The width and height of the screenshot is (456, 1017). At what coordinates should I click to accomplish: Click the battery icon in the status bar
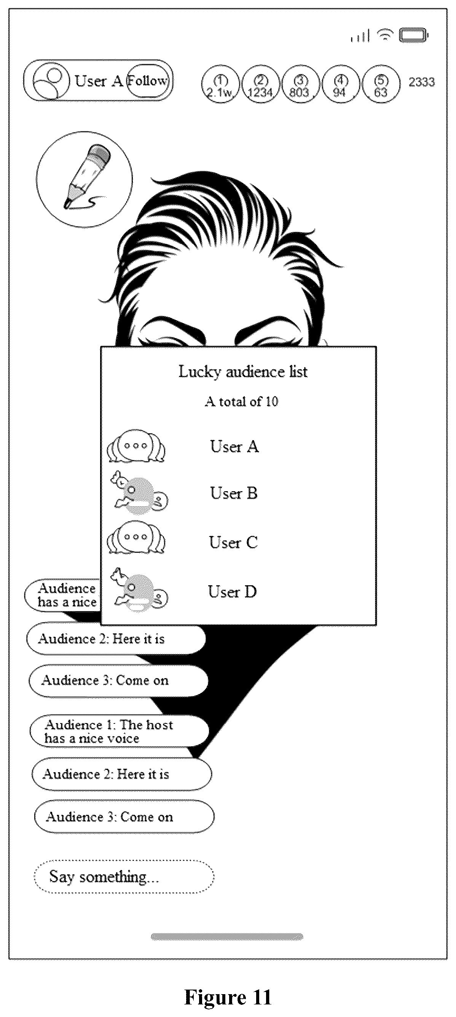click(413, 35)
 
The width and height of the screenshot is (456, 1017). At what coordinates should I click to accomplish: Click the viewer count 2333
click(422, 82)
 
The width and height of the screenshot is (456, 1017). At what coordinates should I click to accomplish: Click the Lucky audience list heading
click(243, 372)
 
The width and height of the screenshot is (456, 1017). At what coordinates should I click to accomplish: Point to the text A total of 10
click(242, 402)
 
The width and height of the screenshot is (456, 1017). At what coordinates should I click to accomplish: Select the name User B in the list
click(234, 493)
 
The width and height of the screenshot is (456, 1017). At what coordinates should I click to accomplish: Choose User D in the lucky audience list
click(233, 591)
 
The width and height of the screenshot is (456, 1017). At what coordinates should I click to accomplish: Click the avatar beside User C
click(136, 537)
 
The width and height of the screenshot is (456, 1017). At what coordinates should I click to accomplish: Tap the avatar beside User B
click(139, 492)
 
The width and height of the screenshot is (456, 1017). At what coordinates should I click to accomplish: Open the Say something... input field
click(124, 877)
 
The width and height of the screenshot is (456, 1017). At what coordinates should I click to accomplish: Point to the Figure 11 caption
click(228, 997)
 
